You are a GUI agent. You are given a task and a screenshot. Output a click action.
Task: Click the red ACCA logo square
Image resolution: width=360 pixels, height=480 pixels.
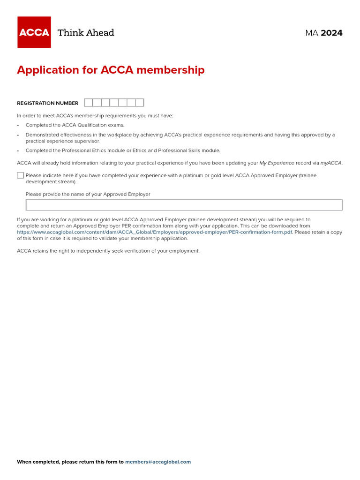pyautogui.click(x=34, y=32)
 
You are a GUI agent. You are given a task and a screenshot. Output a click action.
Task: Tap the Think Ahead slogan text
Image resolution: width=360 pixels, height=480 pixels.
pyautogui.click(x=86, y=33)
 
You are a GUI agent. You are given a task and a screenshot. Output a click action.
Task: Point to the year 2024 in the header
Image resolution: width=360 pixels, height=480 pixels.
pyautogui.click(x=331, y=33)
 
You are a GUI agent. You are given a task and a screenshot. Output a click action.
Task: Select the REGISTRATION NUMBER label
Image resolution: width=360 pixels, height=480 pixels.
pyautogui.click(x=48, y=103)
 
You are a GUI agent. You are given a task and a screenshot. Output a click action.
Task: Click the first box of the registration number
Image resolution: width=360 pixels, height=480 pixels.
pyautogui.click(x=89, y=103)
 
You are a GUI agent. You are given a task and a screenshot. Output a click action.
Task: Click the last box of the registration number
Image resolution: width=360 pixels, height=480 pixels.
pyautogui.click(x=140, y=103)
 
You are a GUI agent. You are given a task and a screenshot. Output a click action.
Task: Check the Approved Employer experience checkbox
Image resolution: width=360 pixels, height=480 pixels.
pyautogui.click(x=20, y=175)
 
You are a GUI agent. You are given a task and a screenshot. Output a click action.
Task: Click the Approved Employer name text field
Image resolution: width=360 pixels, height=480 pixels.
pyautogui.click(x=184, y=205)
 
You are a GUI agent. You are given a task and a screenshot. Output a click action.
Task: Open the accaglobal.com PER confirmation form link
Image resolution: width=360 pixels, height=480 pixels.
pyautogui.click(x=155, y=232)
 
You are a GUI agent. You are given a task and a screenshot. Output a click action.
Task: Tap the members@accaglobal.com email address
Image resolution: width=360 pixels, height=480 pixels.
pyautogui.click(x=158, y=462)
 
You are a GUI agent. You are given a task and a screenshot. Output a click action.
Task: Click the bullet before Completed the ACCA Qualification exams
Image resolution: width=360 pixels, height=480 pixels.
pyautogui.click(x=18, y=126)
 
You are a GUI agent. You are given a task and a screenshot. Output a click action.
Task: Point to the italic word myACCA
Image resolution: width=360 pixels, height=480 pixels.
pyautogui.click(x=331, y=163)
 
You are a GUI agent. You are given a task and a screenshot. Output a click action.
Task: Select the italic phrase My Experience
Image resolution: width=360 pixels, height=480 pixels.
pyautogui.click(x=277, y=163)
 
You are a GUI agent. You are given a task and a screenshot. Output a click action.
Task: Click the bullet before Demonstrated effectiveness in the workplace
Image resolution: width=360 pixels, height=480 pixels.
pyautogui.click(x=18, y=135)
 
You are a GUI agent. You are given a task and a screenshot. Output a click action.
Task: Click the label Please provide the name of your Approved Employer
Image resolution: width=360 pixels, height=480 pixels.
pyautogui.click(x=88, y=194)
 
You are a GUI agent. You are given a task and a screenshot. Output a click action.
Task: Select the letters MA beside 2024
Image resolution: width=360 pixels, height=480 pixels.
pyautogui.click(x=312, y=33)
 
